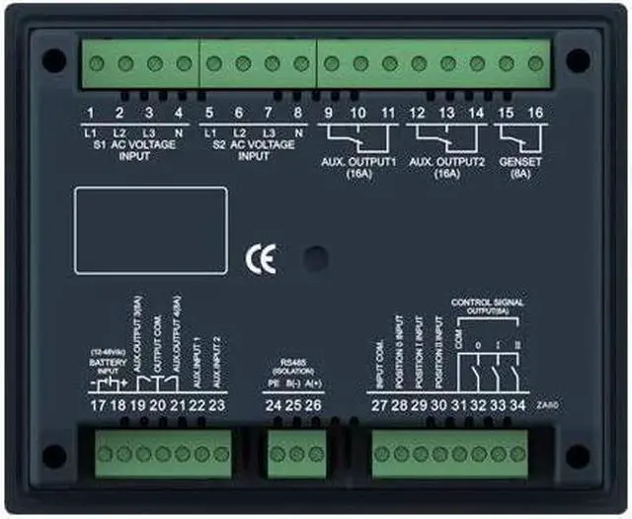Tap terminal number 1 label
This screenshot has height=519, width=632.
coord(90,113)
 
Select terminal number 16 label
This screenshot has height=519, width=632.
coord(535,113)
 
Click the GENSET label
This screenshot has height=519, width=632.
coord(521,160)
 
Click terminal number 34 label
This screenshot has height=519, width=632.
coord(516,403)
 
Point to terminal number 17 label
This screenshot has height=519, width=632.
coord(96,403)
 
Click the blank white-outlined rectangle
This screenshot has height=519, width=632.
coord(150,229)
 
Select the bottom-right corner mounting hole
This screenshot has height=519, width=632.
coord(578,457)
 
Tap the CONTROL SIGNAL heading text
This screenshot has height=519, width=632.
coord(488,301)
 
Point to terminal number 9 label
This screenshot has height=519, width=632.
coord(328,113)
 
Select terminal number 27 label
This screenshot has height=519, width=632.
coord(379,403)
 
